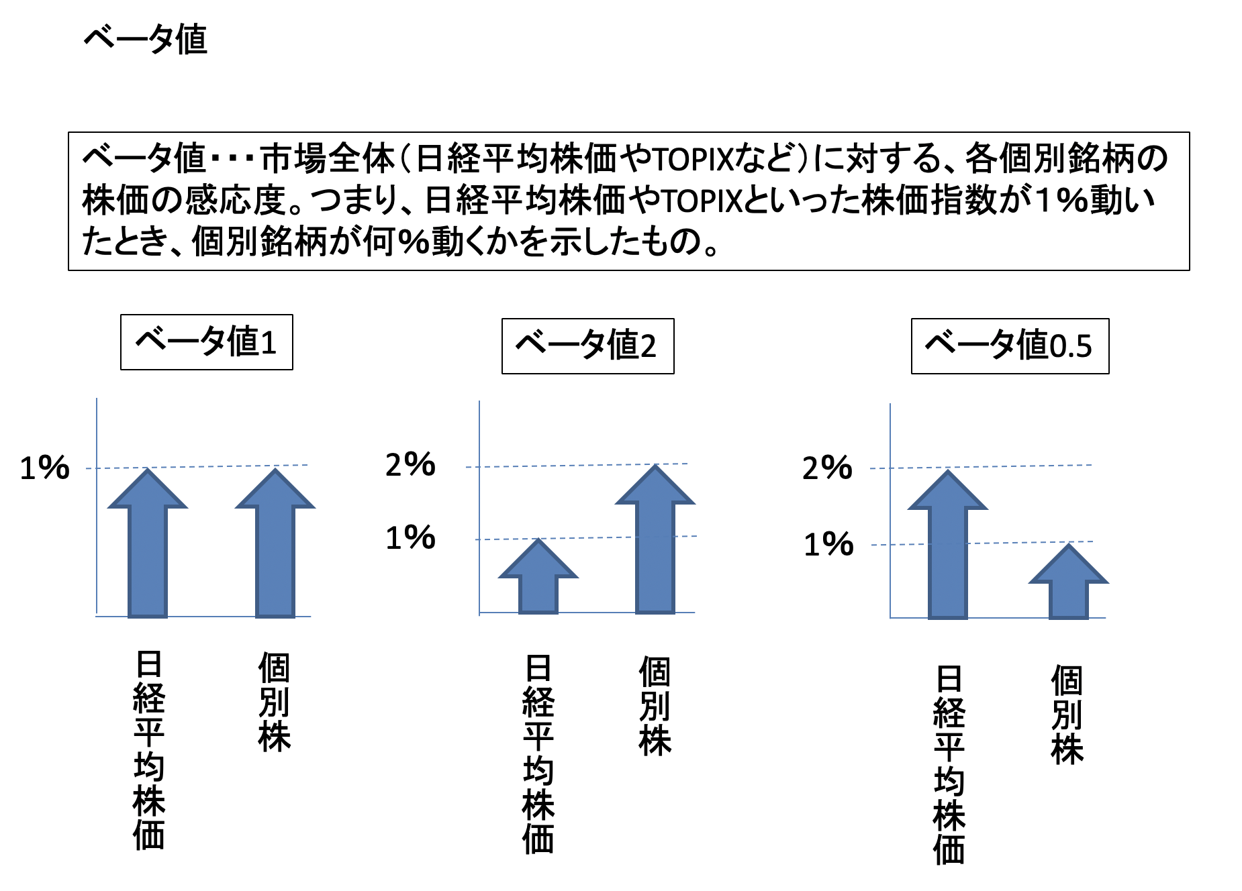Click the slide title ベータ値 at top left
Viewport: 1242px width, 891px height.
point(145,39)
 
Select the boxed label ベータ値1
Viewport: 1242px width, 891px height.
point(206,342)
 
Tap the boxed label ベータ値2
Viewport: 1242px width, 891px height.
point(587,346)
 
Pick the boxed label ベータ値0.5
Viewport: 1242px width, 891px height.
point(1009,346)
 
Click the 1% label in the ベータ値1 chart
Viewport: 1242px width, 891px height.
point(44,468)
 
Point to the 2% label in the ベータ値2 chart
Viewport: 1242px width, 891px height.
point(410,464)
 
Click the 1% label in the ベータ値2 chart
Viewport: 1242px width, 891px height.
point(410,538)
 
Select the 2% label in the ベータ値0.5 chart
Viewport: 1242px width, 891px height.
point(827,468)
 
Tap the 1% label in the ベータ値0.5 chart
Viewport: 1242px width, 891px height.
point(828,544)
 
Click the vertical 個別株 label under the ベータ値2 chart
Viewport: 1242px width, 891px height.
point(655,706)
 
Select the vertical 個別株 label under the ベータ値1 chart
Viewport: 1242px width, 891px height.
point(274,701)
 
